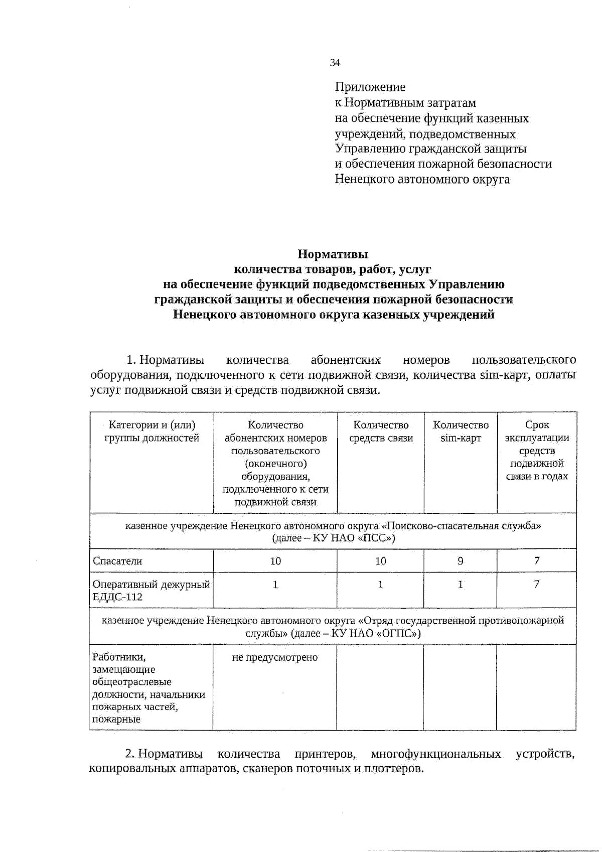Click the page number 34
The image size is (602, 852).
tap(335, 63)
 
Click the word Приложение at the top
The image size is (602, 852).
tap(370, 87)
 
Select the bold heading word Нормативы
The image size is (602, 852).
tap(333, 254)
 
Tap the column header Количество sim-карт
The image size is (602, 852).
tap(461, 432)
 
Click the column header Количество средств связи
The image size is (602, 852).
tap(381, 432)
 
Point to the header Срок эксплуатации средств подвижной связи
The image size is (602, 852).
tap(537, 451)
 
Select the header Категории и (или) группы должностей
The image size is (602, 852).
tap(152, 432)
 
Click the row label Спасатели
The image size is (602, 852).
tap(117, 561)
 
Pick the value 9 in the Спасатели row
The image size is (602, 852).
tap(461, 561)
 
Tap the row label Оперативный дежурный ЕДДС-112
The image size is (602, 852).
tap(151, 591)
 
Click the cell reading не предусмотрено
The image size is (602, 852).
tap(275, 658)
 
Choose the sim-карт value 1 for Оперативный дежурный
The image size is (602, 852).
tap(461, 585)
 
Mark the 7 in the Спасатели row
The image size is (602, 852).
tap(537, 561)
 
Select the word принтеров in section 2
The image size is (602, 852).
tap(326, 754)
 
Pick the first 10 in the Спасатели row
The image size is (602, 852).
tap(275, 561)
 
